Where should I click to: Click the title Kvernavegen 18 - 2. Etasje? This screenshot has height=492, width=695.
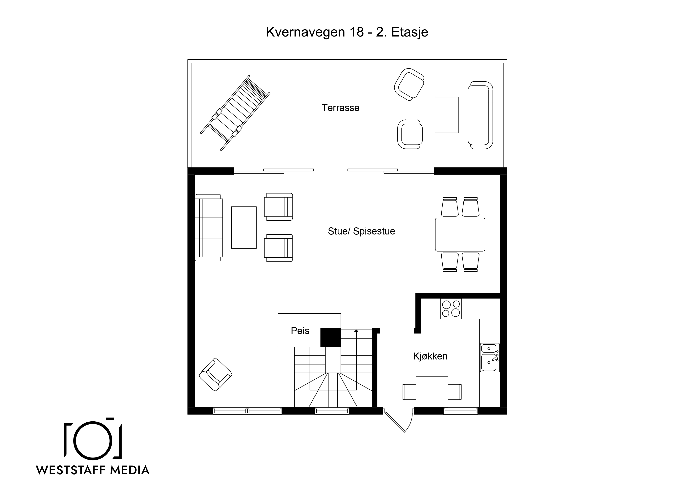coord(347,32)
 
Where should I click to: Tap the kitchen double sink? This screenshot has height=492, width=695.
coord(490,357)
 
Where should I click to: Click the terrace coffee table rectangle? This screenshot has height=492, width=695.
coord(447,115)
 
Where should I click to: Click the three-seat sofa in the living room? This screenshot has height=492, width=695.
coord(209,228)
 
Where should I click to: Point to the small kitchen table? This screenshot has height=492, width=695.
coord(432,392)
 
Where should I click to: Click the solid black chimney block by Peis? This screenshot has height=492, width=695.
coord(331,337)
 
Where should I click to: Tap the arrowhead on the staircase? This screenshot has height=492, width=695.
coord(356,331)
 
